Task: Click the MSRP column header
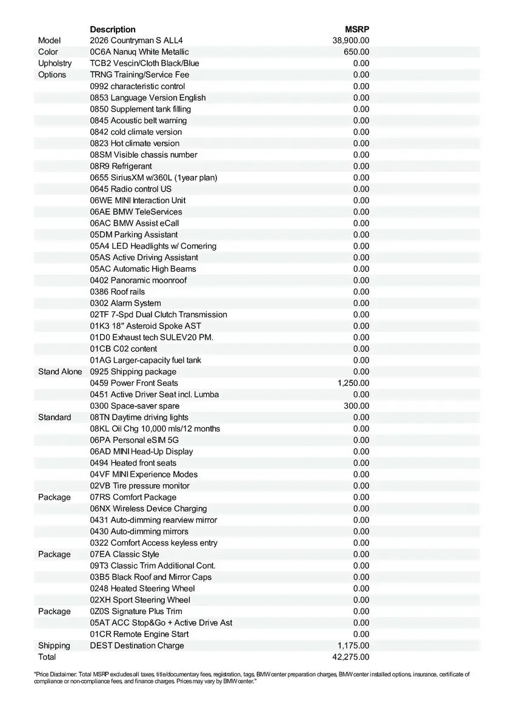[x=358, y=29]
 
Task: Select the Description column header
[x=113, y=29]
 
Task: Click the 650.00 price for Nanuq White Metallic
[x=356, y=52]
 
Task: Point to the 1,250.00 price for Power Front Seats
[x=353, y=383]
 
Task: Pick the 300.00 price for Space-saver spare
[x=356, y=406]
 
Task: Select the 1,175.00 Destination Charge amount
[x=353, y=645]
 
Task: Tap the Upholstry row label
[x=55, y=63]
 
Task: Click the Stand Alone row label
[x=60, y=371]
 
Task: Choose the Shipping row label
[x=54, y=645]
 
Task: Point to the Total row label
[x=47, y=657]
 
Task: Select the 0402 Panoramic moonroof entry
[x=138, y=280]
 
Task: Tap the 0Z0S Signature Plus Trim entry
[x=136, y=611]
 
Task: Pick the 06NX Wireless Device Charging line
[x=149, y=508]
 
